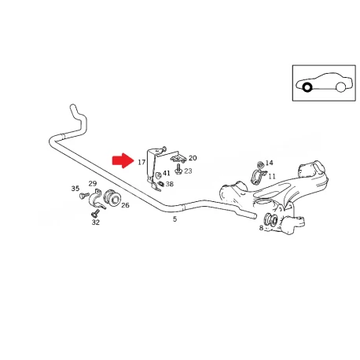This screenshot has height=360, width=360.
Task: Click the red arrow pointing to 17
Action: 123,160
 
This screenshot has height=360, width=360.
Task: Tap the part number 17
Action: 141,163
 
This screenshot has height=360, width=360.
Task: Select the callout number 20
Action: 193,158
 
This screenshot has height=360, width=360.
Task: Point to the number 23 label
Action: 188,171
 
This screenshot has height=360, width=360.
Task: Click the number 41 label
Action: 167,173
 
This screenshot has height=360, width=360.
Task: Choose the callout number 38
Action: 170,184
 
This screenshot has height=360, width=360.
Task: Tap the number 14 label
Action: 269,163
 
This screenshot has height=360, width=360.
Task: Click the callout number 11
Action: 272,176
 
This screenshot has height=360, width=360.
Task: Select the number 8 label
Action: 261,228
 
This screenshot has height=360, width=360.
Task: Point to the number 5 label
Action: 174,219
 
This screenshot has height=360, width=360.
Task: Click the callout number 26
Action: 125,205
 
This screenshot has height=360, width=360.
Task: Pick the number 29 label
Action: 93,184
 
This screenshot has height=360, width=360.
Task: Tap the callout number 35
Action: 75,189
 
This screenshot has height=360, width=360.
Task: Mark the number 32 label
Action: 96,222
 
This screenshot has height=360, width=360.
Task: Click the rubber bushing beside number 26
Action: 112,197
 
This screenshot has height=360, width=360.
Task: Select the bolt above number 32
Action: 95,213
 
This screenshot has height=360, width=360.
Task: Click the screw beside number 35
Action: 84,195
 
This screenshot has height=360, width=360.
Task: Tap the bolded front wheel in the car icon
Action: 307,87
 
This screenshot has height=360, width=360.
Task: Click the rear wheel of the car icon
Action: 340,87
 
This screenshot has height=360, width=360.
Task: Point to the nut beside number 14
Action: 260,165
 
